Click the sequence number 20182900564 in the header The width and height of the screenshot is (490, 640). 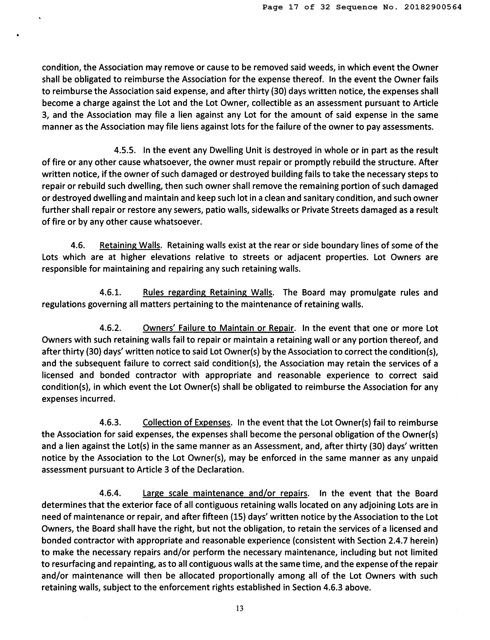(433, 7)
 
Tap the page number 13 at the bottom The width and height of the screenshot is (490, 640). (240, 608)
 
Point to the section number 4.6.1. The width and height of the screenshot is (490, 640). (110, 292)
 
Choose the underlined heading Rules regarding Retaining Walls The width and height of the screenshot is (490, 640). (208, 292)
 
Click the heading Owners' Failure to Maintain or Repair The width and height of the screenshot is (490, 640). (218, 328)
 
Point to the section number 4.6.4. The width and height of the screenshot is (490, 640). (110, 493)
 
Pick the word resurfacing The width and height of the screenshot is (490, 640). (70, 564)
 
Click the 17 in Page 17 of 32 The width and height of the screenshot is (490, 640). (294, 7)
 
